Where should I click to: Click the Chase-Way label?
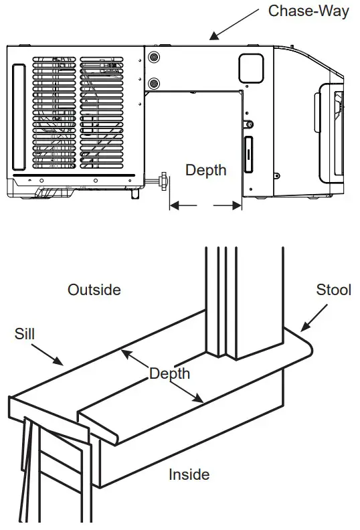click(308, 11)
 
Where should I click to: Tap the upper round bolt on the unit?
click(155, 57)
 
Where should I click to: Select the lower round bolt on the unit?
click(155, 84)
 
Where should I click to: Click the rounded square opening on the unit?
click(252, 65)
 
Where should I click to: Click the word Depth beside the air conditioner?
click(205, 170)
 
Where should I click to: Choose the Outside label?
click(94, 290)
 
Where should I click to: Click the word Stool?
click(333, 290)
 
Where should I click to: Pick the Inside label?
click(189, 474)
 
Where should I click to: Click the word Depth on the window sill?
click(169, 373)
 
